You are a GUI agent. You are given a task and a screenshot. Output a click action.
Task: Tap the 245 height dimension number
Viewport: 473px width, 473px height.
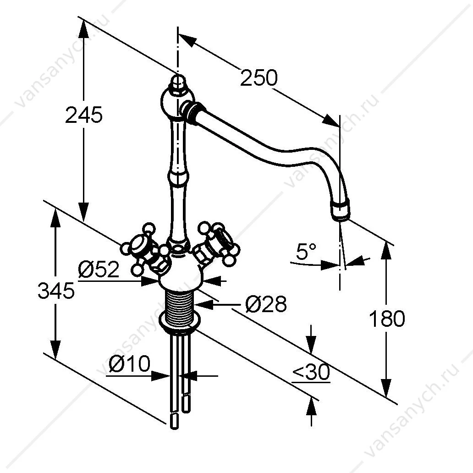pyautogui.click(x=84, y=115)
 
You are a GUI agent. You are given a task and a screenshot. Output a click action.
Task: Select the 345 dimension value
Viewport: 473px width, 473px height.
pyautogui.click(x=56, y=291)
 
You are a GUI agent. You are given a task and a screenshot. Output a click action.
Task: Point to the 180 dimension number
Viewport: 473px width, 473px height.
pyautogui.click(x=387, y=319)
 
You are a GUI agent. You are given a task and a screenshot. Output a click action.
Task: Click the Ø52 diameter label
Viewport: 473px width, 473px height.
pyautogui.click(x=99, y=269)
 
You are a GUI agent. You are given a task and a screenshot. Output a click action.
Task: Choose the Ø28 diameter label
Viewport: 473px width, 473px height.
pyautogui.click(x=266, y=304)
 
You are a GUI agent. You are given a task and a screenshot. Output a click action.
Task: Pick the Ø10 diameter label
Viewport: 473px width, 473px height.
pyautogui.click(x=129, y=363)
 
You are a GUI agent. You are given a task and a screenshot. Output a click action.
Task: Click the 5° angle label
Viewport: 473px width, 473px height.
pyautogui.click(x=306, y=251)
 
